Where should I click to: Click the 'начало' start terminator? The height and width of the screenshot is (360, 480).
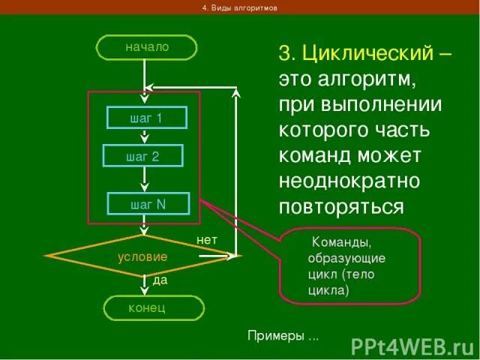click(x=146, y=46)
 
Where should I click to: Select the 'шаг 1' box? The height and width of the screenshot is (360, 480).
click(x=146, y=118)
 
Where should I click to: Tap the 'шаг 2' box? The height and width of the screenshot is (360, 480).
click(x=142, y=156)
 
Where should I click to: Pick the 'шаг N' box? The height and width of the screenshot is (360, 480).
click(x=148, y=204)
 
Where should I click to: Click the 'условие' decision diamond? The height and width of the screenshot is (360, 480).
click(x=142, y=256)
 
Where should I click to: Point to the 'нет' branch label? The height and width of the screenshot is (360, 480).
click(x=207, y=239)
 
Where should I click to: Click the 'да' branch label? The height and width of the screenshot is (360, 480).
click(x=160, y=280)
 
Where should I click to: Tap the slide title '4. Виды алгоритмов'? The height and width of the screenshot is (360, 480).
click(x=240, y=7)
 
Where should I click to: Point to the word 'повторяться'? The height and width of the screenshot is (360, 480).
click(x=341, y=206)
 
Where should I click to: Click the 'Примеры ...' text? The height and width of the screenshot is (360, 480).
click(x=283, y=335)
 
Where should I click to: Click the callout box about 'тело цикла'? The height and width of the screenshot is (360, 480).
click(x=349, y=265)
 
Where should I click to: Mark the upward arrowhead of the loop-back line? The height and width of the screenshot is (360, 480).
click(x=236, y=94)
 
